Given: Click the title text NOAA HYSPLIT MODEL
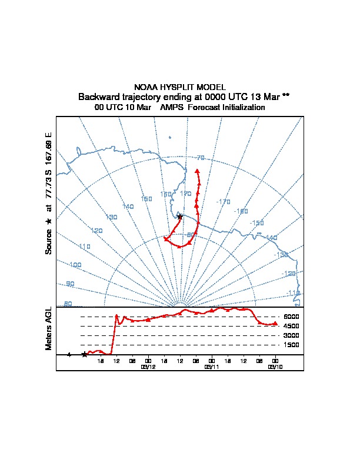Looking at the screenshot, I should [x=179, y=87].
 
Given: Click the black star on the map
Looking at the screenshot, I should [x=180, y=217].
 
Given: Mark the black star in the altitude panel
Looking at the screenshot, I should [x=84, y=354].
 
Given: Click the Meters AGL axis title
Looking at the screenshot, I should [x=49, y=329].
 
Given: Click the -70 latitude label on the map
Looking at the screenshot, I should [x=200, y=158].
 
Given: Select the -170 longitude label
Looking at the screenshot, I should [x=223, y=201].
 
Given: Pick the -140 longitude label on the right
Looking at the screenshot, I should [x=271, y=238].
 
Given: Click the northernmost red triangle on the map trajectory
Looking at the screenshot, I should [x=197, y=171].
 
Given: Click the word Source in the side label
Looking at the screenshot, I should [x=49, y=241].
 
